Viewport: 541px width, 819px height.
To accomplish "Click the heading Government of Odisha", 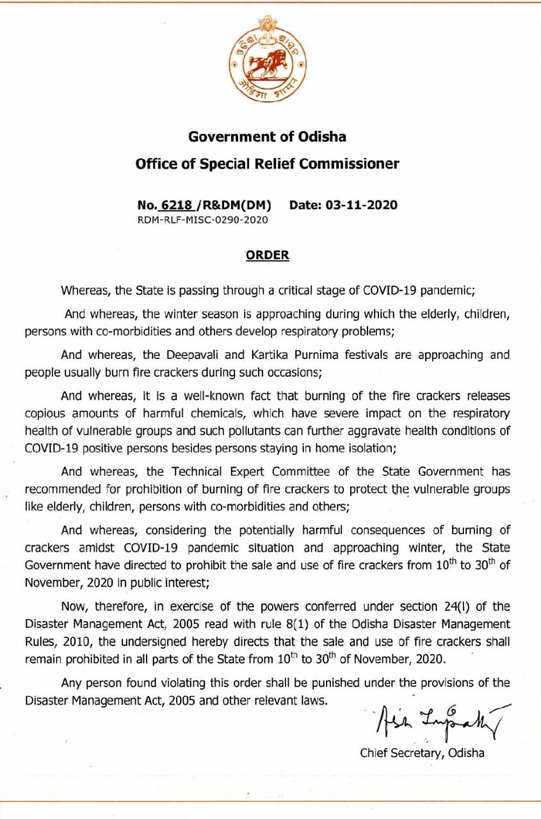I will pos(267,136).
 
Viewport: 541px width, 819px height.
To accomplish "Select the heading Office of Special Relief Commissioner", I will pos(267,163).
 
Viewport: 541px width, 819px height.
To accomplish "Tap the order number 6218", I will pos(177,205).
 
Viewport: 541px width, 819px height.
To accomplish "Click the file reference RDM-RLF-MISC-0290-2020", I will pos(203,220).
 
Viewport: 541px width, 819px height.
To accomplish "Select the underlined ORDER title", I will pos(268,255).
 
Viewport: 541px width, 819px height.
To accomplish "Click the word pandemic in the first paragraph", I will pos(448,290).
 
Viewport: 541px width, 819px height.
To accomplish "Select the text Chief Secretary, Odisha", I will pos(422,753).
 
